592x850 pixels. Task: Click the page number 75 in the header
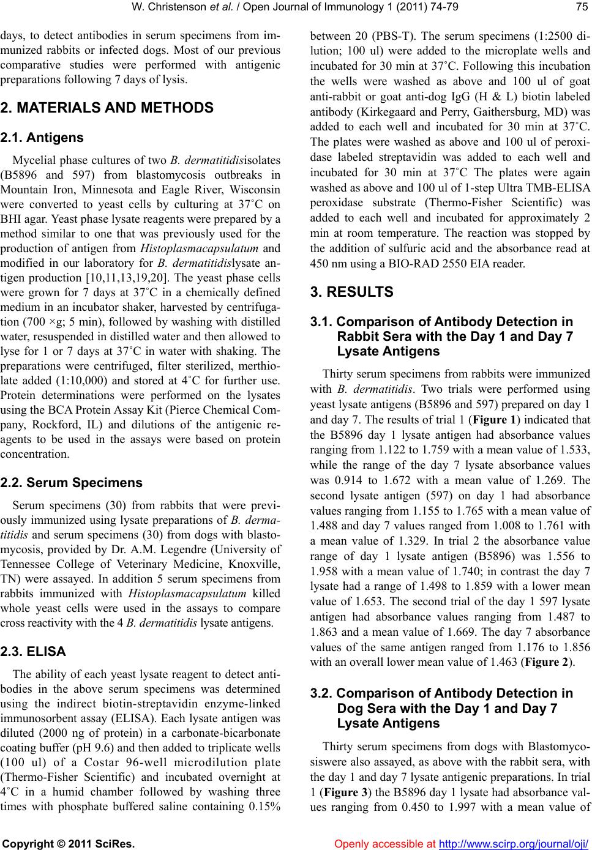(x=581, y=8)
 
